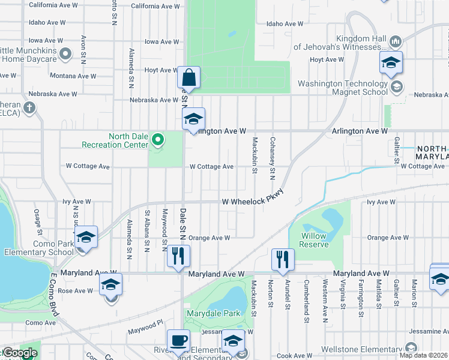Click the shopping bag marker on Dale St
pyautogui.click(x=189, y=77)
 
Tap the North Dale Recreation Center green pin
pyautogui.click(x=158, y=140)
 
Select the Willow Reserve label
pyautogui.click(x=314, y=240)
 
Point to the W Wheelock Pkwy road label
pyautogui.click(x=252, y=202)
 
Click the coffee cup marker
pyautogui.click(x=178, y=341)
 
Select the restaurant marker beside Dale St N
pyautogui.click(x=178, y=256)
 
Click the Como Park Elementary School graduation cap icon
pyautogui.click(x=86, y=237)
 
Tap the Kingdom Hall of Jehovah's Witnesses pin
pyautogui.click(x=395, y=41)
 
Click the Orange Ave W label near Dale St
pyautogui.click(x=210, y=238)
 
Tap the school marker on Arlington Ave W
pyautogui.click(x=193, y=119)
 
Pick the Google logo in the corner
pyautogui.click(x=19, y=353)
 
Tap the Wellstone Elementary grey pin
pyautogui.click(x=411, y=348)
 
